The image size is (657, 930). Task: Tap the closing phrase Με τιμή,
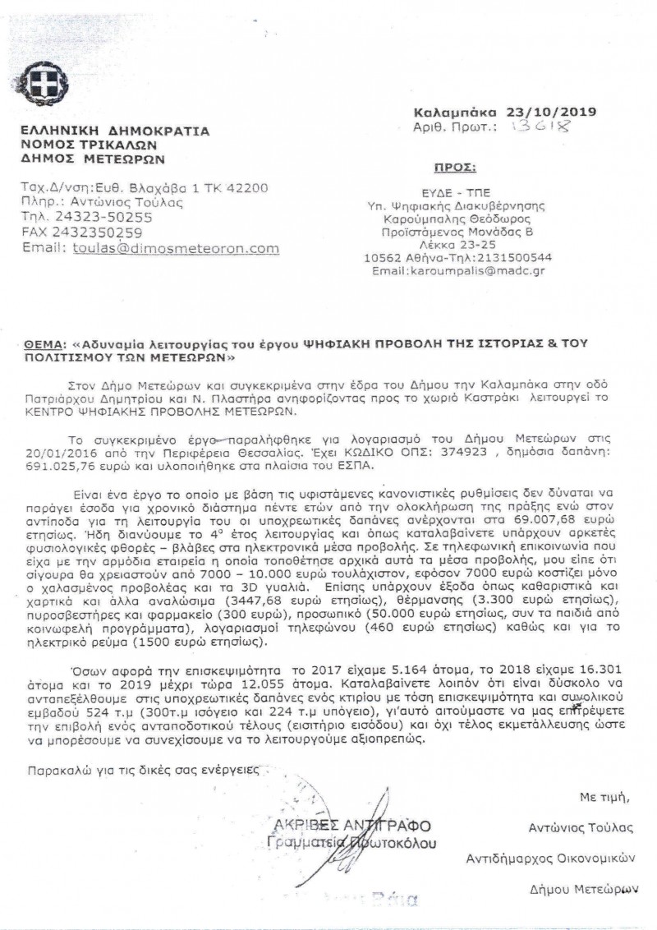pos(604,796)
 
